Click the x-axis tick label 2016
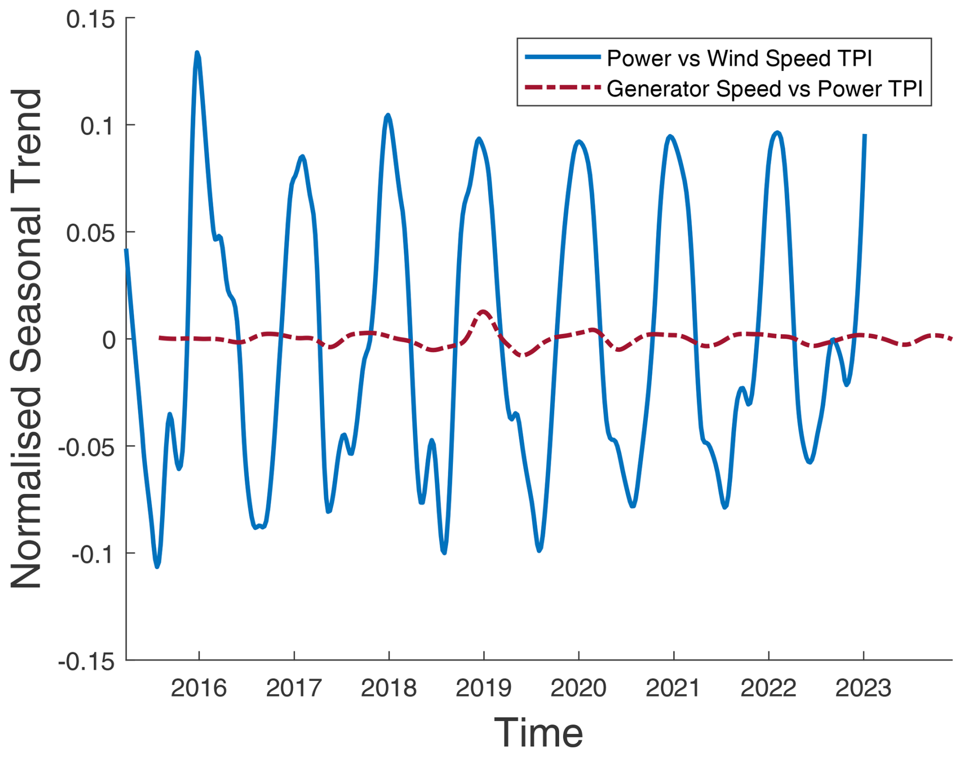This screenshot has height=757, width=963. [199, 688]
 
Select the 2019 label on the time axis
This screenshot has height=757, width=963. [484, 688]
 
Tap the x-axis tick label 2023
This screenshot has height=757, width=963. [863, 688]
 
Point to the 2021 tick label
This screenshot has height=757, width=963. [673, 688]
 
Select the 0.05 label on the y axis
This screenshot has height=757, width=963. [91, 233]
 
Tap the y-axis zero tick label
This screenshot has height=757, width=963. [109, 340]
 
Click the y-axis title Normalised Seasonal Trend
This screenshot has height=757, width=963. [26, 339]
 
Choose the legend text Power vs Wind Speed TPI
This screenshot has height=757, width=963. [739, 58]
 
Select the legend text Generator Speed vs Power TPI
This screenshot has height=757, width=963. [764, 89]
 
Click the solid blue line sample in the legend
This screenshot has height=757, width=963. [563, 57]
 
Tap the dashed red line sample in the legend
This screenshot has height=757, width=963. [563, 88]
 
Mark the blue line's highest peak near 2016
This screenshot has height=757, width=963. [197, 53]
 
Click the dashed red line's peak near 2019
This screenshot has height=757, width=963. [483, 312]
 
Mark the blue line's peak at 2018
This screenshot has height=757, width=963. [388, 116]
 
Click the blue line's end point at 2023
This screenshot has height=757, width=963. [865, 135]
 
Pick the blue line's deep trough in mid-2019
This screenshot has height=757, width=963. [540, 550]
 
